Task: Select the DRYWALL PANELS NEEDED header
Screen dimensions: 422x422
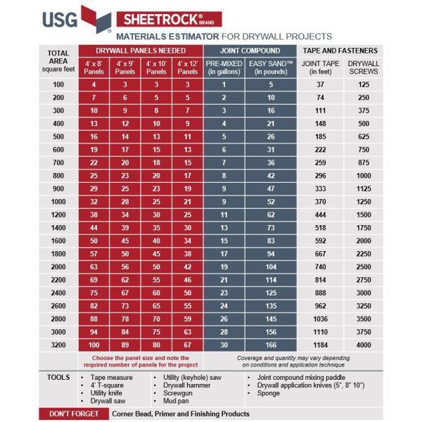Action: point(141,51)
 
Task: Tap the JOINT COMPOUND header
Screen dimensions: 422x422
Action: point(250,51)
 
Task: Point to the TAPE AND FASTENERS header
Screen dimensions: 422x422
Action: point(340,51)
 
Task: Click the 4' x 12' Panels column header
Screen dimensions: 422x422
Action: point(186,68)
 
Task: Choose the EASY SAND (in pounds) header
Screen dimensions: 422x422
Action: point(271,68)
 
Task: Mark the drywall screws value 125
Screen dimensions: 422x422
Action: point(364,84)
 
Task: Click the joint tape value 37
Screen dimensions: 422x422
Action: point(321,84)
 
